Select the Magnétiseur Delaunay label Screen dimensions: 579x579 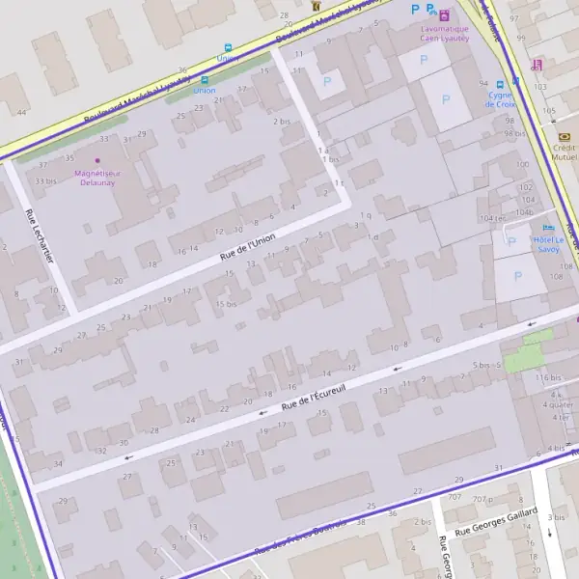(96, 177)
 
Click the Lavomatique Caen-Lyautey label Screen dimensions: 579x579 (444, 34)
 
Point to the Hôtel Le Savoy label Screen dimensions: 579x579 (548, 242)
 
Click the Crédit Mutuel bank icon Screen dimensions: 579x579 (564, 137)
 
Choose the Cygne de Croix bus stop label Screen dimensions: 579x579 (502, 100)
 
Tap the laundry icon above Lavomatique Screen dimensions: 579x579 (444, 15)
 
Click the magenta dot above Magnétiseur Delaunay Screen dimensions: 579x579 (96, 160)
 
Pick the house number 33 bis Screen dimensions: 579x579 (44, 180)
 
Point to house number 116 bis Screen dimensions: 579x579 (548, 377)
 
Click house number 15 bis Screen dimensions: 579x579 (226, 304)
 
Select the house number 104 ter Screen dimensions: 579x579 (492, 218)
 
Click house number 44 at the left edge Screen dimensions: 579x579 (21, 113)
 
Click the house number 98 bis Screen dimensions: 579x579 (514, 133)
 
